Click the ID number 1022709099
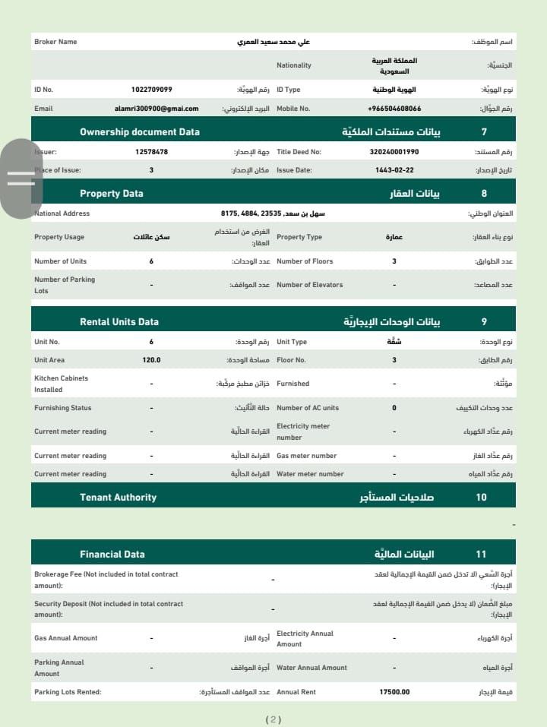(x=151, y=90)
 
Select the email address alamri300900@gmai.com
(x=157, y=109)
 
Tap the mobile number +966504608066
(x=394, y=109)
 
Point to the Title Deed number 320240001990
(x=394, y=152)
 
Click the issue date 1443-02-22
(x=394, y=170)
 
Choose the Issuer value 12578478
(x=151, y=152)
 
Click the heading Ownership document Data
(x=140, y=132)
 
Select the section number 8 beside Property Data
(x=485, y=194)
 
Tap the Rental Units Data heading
(x=119, y=322)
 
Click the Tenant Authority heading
(x=118, y=498)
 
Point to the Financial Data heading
(x=112, y=555)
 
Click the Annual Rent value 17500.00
(x=394, y=692)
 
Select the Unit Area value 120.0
(x=151, y=360)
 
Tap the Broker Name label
(x=55, y=42)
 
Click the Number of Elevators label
(x=309, y=285)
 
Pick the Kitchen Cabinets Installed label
(x=61, y=384)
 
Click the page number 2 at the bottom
(x=273, y=719)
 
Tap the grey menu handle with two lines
(x=21, y=179)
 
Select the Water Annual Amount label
(x=311, y=668)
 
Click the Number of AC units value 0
(x=394, y=408)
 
